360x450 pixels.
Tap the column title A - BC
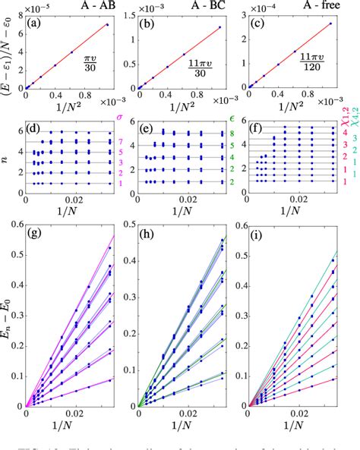(x=190, y=6)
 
